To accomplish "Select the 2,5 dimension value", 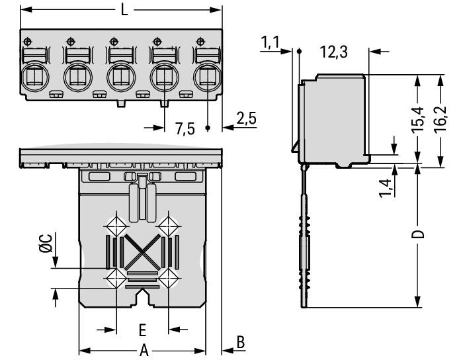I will click(246, 119).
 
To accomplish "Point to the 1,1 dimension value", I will click(270, 43).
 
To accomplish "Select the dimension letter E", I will click(142, 329).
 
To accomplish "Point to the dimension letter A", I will click(143, 351).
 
